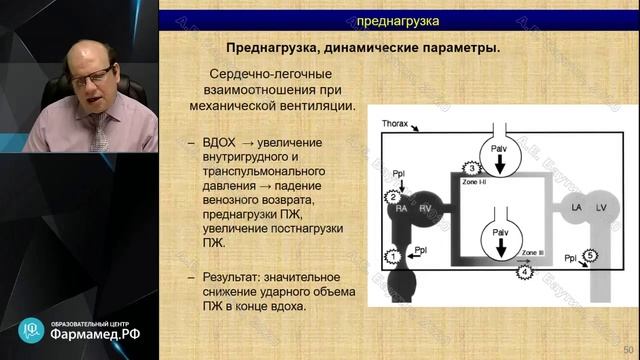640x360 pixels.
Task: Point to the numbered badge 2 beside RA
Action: point(393,197)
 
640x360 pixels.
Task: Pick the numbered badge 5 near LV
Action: point(591,256)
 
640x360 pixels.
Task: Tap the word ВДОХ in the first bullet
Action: point(220,142)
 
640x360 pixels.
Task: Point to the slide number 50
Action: point(628,348)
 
